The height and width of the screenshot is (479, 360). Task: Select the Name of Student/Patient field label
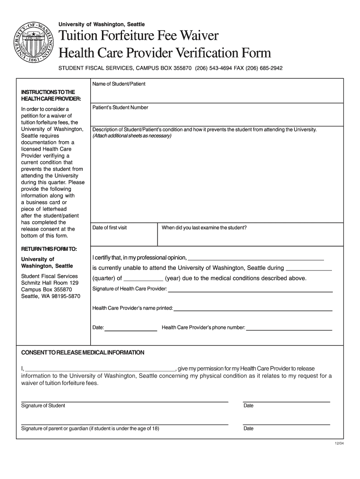point(119,84)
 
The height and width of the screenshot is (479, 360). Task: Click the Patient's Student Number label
point(120,108)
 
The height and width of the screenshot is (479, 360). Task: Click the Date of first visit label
point(109,228)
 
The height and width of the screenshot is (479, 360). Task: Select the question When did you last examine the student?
point(204,228)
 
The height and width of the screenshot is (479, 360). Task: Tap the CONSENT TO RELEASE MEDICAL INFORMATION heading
point(83,352)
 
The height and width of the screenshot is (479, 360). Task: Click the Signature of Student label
point(43,406)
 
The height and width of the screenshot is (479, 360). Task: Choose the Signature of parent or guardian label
point(90,428)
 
